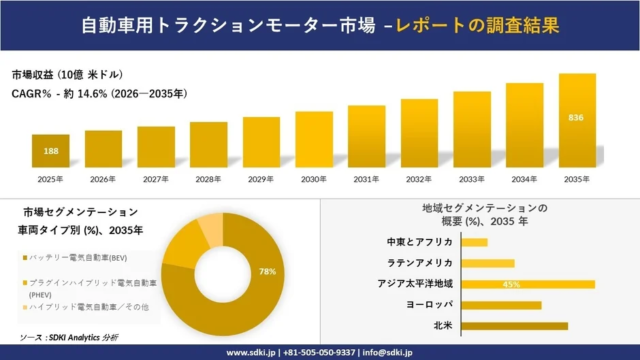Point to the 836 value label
coord(577,118)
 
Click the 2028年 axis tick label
coord(208,179)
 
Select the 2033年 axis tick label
coord(471,179)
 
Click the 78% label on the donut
coord(267,272)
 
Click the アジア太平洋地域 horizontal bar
coord(528,284)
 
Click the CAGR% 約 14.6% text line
coord(99,93)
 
